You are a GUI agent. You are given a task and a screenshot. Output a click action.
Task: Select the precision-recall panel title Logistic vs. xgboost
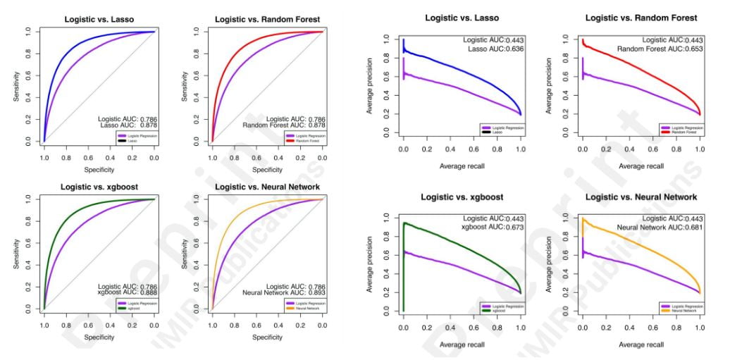tap(464, 197)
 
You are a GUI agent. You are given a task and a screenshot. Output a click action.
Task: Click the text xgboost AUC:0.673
tap(493, 226)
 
